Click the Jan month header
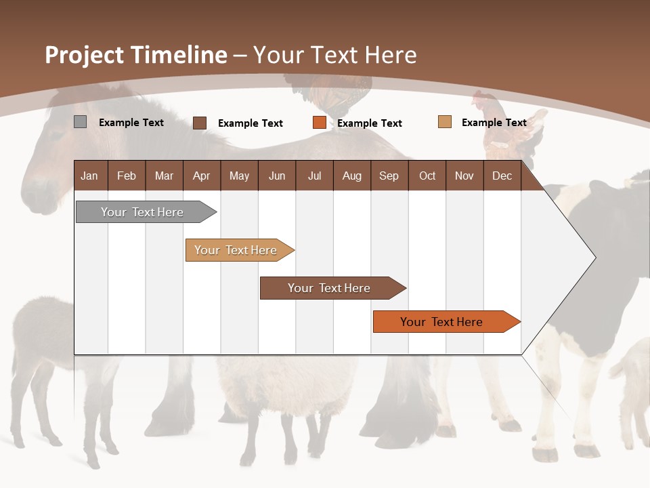89,176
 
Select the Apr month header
201,176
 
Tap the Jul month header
314,176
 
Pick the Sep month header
389,176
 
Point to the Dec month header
502,176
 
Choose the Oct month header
427,176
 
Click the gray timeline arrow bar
143,212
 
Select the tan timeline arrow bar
236,250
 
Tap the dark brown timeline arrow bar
329,288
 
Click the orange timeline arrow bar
442,322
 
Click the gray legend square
80,122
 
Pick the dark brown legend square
200,123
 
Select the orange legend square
320,123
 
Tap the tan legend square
444,122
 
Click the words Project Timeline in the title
135,55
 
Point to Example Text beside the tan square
494,122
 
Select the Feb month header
127,176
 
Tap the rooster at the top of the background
332,91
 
